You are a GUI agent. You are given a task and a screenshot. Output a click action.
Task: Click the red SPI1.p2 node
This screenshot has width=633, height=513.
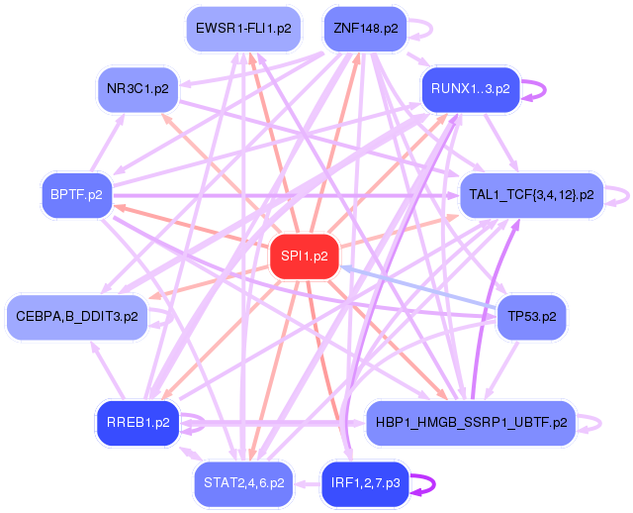[305, 256]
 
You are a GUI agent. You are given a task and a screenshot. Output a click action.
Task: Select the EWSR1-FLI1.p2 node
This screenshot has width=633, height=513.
[243, 29]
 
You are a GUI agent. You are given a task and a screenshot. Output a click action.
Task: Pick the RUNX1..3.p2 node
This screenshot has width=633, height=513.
[470, 89]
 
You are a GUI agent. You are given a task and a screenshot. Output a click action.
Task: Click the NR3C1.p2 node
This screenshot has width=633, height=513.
[137, 89]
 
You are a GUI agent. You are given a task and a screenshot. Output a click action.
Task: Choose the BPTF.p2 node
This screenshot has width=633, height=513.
[76, 193]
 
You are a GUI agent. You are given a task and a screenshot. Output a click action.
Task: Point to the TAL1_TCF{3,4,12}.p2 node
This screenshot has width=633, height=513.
[531, 193]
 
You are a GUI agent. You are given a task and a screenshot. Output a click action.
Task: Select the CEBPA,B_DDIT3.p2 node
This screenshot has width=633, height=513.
[76, 318]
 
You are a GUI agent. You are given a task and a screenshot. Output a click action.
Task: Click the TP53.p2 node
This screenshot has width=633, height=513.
[531, 318]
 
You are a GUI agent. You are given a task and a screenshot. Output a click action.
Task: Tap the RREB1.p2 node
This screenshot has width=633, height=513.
[137, 422]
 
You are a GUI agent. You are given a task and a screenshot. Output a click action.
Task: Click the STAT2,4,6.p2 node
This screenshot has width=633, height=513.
[243, 483]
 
